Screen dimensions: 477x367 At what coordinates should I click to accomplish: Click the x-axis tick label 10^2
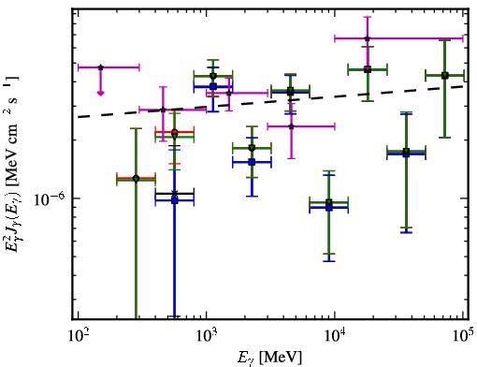tap(78, 336)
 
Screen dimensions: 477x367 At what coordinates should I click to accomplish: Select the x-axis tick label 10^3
tap(207, 336)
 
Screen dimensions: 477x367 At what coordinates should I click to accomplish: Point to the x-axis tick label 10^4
tap(335, 336)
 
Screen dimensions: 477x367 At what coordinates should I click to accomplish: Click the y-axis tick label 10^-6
tap(49, 199)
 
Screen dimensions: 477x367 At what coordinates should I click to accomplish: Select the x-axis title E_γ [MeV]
tap(269, 358)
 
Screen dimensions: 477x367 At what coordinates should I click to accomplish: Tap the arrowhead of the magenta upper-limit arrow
tap(100, 93)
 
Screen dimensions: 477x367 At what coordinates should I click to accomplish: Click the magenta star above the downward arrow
tap(100, 67)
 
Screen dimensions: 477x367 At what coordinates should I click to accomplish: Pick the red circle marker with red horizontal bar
tap(175, 132)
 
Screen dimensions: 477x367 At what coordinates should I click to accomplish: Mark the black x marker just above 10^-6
tap(175, 194)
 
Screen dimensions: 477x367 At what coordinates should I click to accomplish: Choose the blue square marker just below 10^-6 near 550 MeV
tap(175, 200)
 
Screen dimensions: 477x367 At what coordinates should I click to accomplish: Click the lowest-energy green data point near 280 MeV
tap(136, 179)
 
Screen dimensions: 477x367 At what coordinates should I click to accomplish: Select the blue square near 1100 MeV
tap(213, 86)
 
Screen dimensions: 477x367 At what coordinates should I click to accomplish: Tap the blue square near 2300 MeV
tap(252, 162)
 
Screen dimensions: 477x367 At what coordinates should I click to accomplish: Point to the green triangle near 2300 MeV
tap(252, 148)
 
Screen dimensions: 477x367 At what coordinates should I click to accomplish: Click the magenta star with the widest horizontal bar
tap(368, 38)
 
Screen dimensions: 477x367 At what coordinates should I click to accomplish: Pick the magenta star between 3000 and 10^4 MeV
tap(291, 126)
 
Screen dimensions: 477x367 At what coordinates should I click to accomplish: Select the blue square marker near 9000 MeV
tap(329, 208)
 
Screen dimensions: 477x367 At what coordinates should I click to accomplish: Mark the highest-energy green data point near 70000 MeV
tap(445, 75)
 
